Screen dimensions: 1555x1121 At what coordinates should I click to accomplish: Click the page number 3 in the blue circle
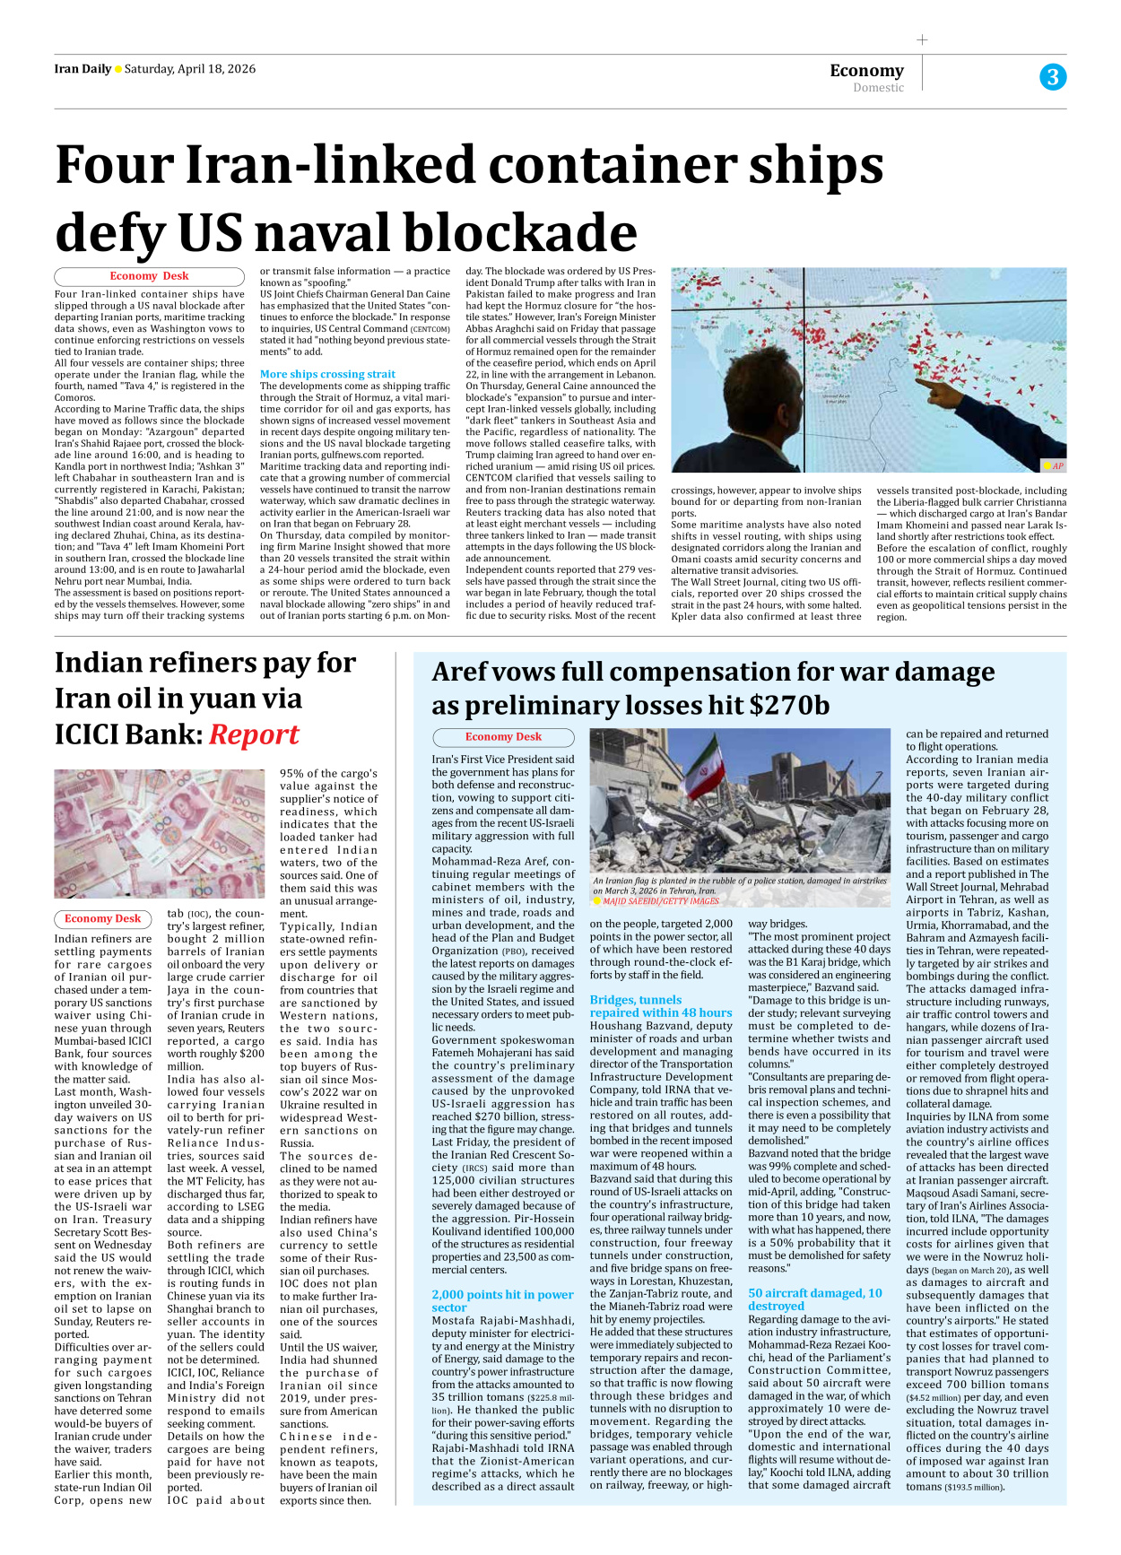coord(1053,77)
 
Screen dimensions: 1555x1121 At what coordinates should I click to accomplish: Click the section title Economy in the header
coord(866,70)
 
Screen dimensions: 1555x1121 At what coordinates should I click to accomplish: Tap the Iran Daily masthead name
coord(83,69)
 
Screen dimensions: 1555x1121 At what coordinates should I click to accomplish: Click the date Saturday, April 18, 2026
coord(190,69)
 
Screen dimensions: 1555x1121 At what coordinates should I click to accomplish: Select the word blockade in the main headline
coord(520,232)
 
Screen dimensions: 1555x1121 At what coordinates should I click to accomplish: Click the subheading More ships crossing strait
coord(327,374)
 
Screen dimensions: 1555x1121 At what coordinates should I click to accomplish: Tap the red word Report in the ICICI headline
coord(254,734)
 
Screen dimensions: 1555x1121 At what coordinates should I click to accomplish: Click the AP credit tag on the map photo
coord(1053,465)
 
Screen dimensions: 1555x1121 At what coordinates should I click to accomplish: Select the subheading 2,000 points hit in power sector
coord(502,1300)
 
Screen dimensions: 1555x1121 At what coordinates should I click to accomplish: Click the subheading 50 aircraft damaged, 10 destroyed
coord(815,1299)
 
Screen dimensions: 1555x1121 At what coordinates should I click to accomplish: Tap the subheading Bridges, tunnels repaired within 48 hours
coord(660,1005)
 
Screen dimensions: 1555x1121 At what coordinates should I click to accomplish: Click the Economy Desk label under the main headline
coord(149,276)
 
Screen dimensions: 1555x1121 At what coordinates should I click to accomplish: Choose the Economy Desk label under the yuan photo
coord(102,918)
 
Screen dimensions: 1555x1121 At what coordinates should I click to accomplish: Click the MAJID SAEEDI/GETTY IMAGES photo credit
coord(660,901)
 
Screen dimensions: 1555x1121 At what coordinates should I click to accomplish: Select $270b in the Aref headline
coord(789,706)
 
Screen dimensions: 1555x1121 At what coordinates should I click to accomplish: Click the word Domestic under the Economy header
coord(878,88)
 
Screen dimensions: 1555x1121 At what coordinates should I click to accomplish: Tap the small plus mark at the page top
coord(922,39)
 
